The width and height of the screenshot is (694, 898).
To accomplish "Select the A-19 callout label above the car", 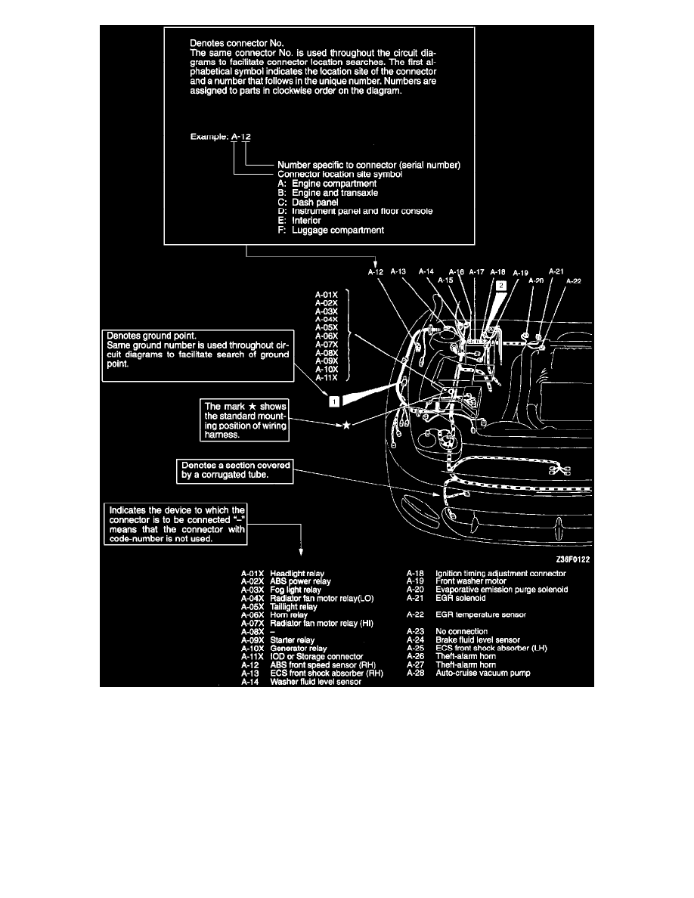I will point(521,272).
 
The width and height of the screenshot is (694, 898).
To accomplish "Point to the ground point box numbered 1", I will point(333,401).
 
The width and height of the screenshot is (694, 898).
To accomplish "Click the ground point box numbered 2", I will point(500,286).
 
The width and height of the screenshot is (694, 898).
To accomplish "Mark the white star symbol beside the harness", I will point(345,426).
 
